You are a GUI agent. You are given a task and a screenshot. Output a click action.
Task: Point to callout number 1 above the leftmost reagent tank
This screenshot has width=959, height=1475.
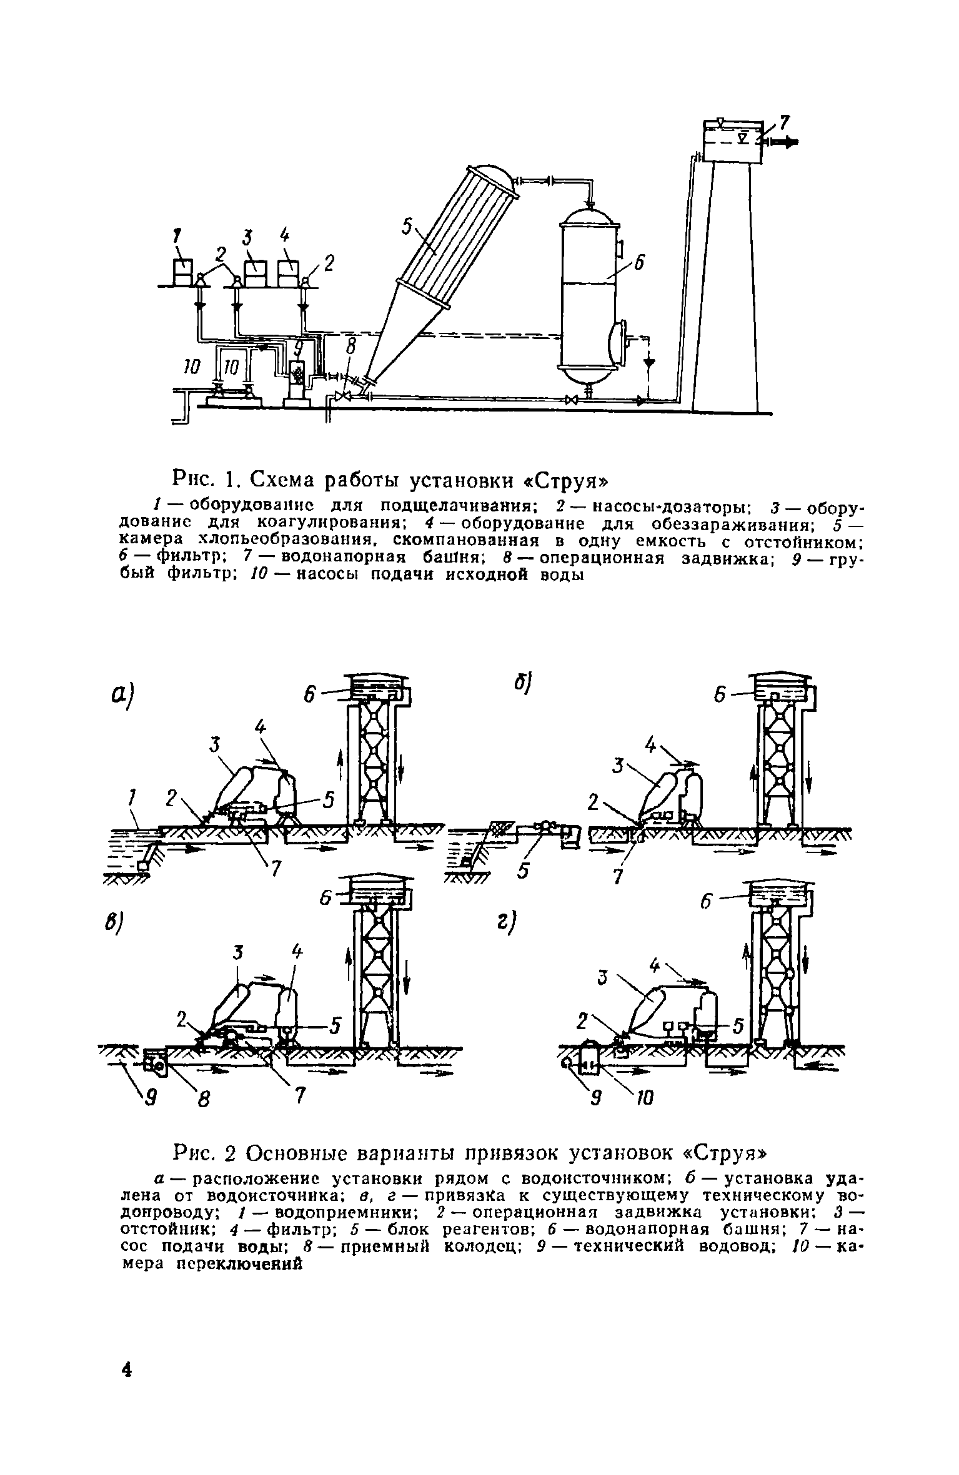click(x=177, y=236)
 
